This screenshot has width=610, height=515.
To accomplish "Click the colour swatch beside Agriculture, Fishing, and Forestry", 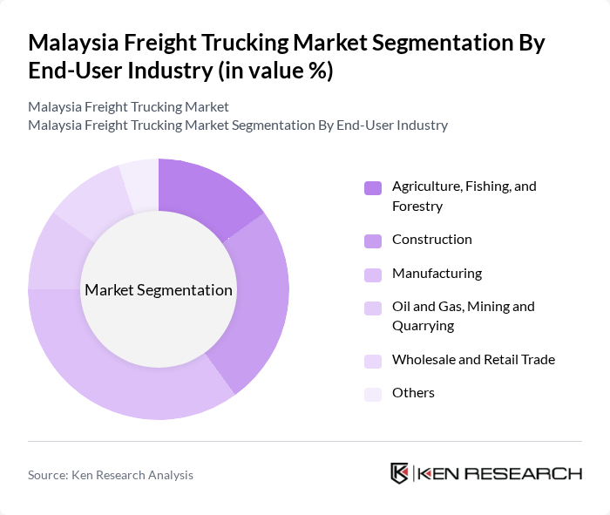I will (x=373, y=187).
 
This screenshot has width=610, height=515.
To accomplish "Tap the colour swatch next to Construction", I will (x=373, y=241).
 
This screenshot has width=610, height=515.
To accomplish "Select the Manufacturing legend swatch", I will (x=373, y=274).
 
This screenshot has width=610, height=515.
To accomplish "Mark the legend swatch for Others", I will (x=373, y=394).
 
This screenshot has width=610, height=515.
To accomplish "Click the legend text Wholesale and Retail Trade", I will (x=473, y=359).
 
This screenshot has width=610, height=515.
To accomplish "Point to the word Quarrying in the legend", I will (x=423, y=326).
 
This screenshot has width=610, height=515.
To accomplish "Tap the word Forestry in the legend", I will (x=417, y=207).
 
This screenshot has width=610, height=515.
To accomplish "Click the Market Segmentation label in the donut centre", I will (x=158, y=290).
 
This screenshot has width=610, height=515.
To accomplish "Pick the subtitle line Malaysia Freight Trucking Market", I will (x=128, y=107).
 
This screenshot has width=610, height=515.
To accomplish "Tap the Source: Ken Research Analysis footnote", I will (x=111, y=475).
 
